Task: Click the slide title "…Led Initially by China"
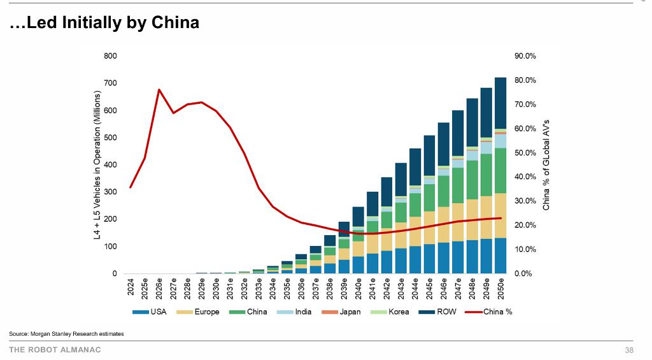click(x=104, y=23)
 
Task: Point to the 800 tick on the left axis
click(x=110, y=56)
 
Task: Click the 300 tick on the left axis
click(x=110, y=192)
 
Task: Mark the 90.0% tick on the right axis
click(x=525, y=56)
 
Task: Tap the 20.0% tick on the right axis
click(x=525, y=226)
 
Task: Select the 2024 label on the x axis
click(x=131, y=287)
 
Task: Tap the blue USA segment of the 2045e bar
click(x=429, y=259)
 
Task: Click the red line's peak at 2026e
click(x=159, y=90)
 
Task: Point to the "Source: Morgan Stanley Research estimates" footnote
click(x=66, y=334)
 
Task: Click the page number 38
click(x=629, y=350)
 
